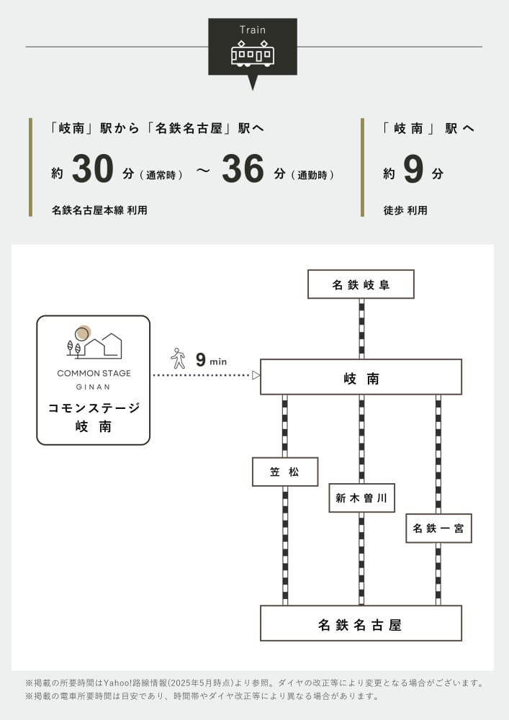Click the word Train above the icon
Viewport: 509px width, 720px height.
pyautogui.click(x=252, y=30)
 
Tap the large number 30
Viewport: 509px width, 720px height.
pyautogui.click(x=93, y=170)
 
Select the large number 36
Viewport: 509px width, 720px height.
pyautogui.click(x=243, y=170)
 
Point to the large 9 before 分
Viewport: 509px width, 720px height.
pyautogui.click(x=413, y=170)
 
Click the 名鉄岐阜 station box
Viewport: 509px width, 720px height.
pyautogui.click(x=361, y=284)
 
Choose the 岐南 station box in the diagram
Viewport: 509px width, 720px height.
pyautogui.click(x=361, y=377)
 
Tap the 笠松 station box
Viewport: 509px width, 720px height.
pyautogui.click(x=284, y=472)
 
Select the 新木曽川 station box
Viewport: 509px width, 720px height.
pyautogui.click(x=361, y=498)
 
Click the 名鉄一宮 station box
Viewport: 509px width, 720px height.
pyautogui.click(x=438, y=528)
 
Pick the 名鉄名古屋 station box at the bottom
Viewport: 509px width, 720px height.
pyautogui.click(x=361, y=624)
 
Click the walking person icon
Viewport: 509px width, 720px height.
pyautogui.click(x=178, y=359)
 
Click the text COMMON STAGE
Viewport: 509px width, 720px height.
pyautogui.click(x=94, y=373)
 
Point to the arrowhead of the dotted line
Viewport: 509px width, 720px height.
pyautogui.click(x=256, y=375)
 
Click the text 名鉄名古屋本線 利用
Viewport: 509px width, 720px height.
pyautogui.click(x=99, y=210)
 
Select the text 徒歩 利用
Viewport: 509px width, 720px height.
pyautogui.click(x=405, y=210)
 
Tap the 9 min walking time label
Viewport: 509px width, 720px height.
pyautogui.click(x=210, y=360)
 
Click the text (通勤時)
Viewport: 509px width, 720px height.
pyautogui.click(x=312, y=175)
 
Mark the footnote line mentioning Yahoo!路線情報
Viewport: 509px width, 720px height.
pyautogui.click(x=253, y=683)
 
